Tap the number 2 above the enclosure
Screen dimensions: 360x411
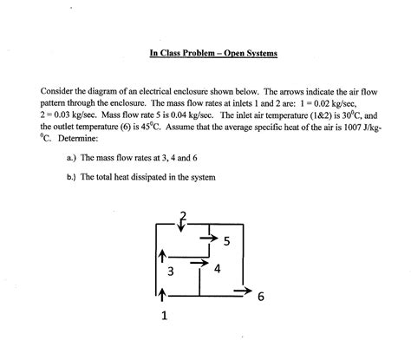(x=183, y=215)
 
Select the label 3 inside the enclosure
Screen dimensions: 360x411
(x=171, y=272)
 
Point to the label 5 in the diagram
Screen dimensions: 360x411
(x=226, y=241)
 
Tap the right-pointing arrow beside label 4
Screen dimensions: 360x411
(x=199, y=260)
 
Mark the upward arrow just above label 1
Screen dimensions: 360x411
(x=161, y=298)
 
